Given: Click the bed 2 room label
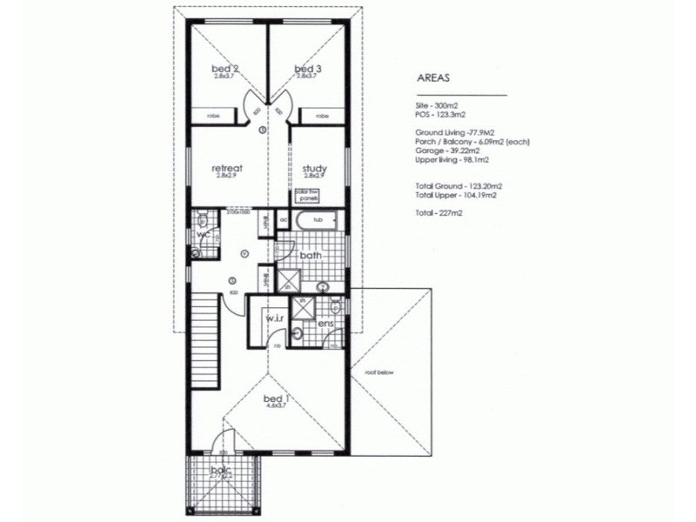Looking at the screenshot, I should (x=225, y=69).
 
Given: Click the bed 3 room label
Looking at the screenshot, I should (x=309, y=69).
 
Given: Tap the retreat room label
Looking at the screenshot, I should (x=227, y=168).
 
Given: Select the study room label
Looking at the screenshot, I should (x=313, y=168).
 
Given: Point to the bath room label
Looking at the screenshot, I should (x=311, y=257).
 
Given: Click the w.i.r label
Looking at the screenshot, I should (x=276, y=318).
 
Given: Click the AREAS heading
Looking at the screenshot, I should (x=433, y=78).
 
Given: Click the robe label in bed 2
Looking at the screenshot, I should (x=211, y=115).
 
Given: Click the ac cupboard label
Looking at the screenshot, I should (x=284, y=220).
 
